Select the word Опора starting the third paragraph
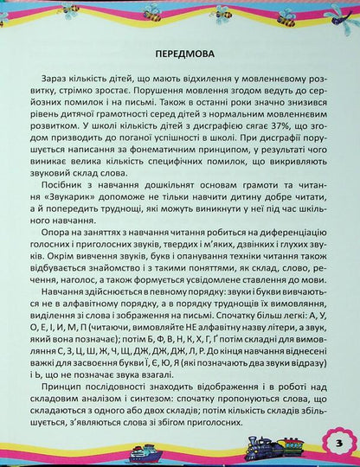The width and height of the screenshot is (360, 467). (x=60, y=236)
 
